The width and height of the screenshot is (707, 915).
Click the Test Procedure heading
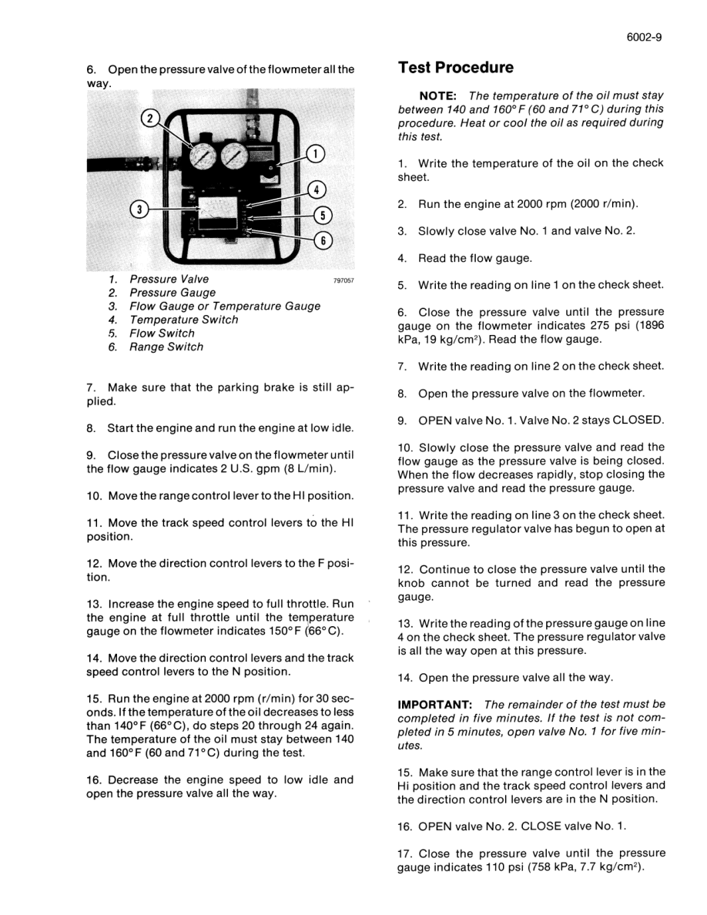tap(456, 68)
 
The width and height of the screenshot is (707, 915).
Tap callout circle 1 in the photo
tap(316, 154)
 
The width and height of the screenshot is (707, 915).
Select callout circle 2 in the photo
tap(151, 119)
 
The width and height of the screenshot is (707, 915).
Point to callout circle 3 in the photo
tap(139, 209)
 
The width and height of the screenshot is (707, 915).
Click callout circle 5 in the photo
tap(324, 215)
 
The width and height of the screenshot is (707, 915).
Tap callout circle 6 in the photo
tap(324, 240)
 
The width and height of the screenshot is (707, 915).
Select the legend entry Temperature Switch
tap(183, 320)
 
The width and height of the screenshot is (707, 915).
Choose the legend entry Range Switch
tap(166, 347)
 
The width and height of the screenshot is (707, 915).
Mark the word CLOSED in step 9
tap(637, 420)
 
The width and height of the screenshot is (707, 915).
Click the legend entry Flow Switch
tap(162, 333)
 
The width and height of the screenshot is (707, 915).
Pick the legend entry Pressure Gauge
tap(173, 293)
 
